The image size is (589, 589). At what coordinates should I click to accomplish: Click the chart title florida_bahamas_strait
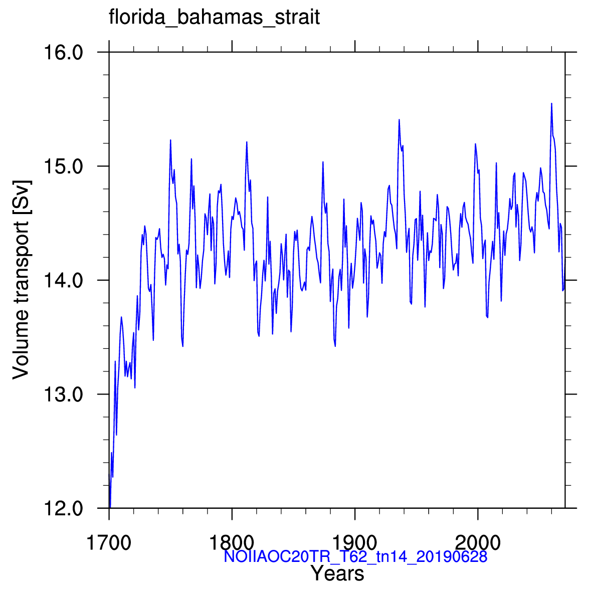click(x=214, y=18)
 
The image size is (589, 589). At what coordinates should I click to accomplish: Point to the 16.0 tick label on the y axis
click(x=63, y=53)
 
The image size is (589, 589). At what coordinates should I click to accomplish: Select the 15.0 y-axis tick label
click(x=63, y=166)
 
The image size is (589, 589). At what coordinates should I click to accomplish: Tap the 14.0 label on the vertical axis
click(x=63, y=281)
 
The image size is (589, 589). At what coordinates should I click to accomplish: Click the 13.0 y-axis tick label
click(x=63, y=395)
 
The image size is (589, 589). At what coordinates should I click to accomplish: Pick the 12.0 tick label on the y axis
click(x=63, y=509)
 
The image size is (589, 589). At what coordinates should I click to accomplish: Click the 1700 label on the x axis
click(x=109, y=543)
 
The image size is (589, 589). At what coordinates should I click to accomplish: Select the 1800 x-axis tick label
click(x=232, y=543)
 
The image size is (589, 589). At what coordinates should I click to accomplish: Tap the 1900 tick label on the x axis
click(x=354, y=543)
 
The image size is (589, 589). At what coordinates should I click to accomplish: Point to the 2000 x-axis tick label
click(x=478, y=543)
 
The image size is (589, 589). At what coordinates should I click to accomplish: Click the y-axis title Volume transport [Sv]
click(x=21, y=280)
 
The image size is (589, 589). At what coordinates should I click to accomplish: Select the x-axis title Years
click(x=337, y=573)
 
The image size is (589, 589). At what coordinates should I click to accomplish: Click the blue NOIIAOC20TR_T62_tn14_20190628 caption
click(x=355, y=556)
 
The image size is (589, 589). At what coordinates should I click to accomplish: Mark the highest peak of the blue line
click(x=551, y=103)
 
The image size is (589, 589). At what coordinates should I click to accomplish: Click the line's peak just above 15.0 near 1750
click(x=170, y=140)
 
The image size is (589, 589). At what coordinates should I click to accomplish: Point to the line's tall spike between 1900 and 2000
click(x=399, y=119)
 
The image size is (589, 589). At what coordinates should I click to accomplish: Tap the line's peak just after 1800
click(x=247, y=142)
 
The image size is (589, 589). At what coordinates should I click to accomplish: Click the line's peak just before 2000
click(x=475, y=144)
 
